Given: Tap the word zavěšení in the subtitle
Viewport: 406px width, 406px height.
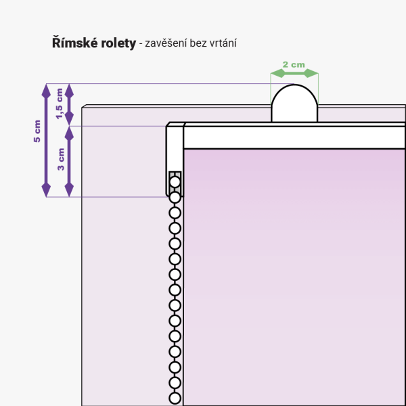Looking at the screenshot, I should (166, 43).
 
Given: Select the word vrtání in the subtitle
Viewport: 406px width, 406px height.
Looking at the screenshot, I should (221, 43).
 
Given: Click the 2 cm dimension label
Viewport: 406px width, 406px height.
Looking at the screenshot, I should (294, 64).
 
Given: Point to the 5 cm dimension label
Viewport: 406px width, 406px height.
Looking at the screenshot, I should (37, 131).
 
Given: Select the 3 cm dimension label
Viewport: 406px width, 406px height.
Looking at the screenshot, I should (61, 160).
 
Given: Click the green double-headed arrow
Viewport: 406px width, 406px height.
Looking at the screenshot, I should (294, 73).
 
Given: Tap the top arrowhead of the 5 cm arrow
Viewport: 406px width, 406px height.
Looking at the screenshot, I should (46, 89).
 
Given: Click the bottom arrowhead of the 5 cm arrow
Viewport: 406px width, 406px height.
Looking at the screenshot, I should (46, 191).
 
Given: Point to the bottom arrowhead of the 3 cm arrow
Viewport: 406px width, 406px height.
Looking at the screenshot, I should (68, 191).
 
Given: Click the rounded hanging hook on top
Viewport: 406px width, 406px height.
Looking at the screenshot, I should (294, 105).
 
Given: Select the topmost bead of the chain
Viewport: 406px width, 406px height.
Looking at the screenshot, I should (175, 181).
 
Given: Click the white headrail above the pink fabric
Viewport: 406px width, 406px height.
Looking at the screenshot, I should (294, 137).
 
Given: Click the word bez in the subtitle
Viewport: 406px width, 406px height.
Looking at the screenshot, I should (197, 43).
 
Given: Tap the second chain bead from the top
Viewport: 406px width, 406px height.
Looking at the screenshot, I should (175, 197).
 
